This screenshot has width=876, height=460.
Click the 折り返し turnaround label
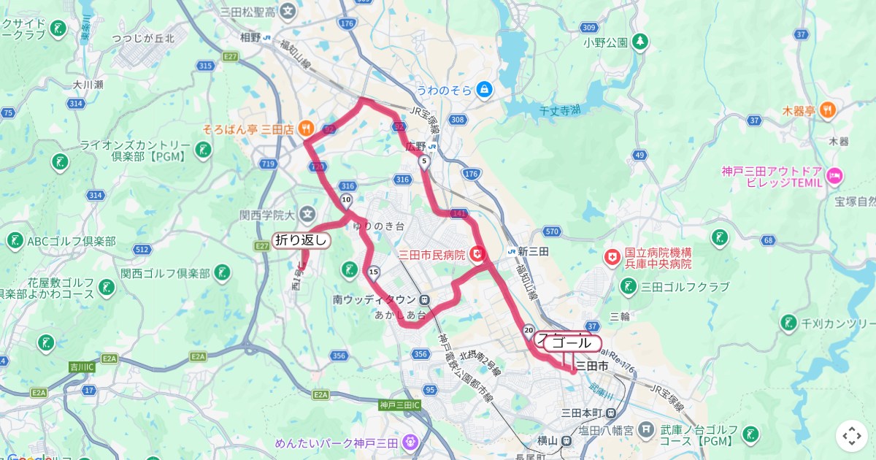coord(301,240)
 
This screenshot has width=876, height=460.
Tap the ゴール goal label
coord(572,343)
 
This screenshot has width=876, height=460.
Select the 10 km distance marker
coord(346,200)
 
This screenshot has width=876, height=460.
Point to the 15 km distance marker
coord(373,273)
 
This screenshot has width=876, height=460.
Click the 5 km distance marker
coord(423,164)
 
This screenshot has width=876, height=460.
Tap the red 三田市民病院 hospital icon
coord(477,254)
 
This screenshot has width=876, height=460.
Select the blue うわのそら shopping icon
coord(483,90)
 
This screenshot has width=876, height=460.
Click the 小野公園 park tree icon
coord(640,42)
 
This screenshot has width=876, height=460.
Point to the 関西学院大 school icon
coord(307,215)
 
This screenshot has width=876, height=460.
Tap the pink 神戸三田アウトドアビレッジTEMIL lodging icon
coord(836,175)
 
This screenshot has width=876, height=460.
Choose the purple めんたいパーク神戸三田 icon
coord(410,442)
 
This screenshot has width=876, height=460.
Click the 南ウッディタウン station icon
coord(425,299)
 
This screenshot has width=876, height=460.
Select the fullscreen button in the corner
coord(852,436)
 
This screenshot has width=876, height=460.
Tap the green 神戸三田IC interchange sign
coord(399,405)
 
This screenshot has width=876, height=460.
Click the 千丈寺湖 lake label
coord(559,110)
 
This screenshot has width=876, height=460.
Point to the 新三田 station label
coord(534,251)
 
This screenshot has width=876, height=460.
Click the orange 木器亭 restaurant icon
coord(827,111)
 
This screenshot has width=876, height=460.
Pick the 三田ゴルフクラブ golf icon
coord(628,287)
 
